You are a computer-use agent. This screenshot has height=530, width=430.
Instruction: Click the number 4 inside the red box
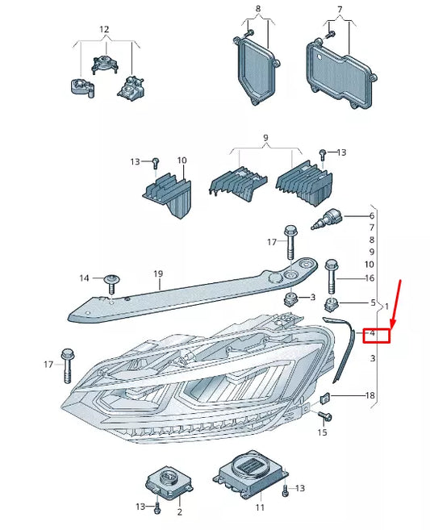[373, 333]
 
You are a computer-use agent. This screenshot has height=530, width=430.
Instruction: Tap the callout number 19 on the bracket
[158, 274]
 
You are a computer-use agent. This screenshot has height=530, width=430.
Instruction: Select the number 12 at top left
[103, 29]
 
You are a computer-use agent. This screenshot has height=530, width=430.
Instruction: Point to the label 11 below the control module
[260, 507]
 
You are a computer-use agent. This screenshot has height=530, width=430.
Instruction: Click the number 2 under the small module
[179, 511]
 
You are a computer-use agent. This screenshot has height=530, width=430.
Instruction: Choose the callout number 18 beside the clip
[369, 395]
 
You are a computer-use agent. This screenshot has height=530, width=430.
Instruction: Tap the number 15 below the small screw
[323, 433]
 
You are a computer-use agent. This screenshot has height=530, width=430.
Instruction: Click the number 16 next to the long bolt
[369, 278]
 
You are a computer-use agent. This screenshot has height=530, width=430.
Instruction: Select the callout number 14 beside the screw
[85, 278]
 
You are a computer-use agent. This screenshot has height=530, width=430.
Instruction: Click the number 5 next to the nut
[373, 303]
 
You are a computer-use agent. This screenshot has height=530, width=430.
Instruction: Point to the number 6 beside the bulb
[372, 216]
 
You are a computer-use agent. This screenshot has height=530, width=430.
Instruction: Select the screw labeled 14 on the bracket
[111, 282]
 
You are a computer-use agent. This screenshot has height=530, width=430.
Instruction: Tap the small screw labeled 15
[325, 416]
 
